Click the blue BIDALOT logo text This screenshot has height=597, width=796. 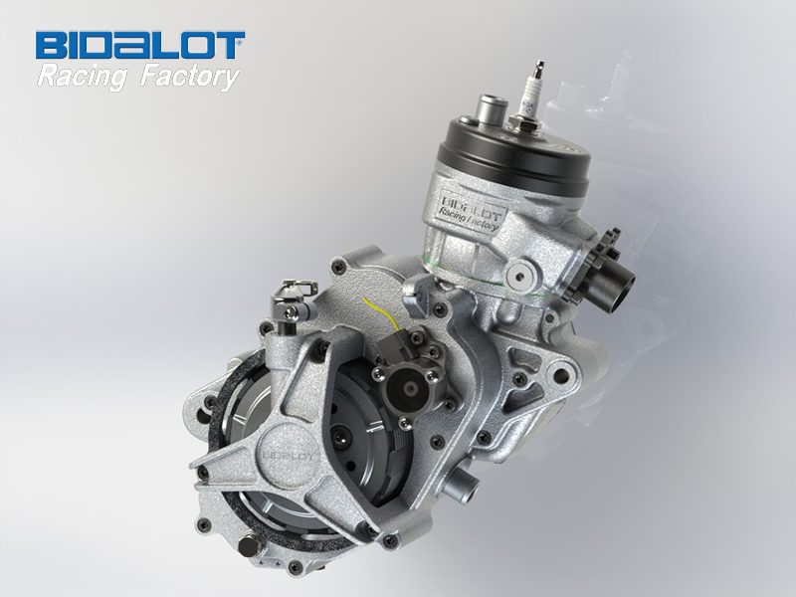click(140, 46)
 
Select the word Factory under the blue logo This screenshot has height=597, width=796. click(189, 77)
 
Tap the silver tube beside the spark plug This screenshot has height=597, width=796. click(492, 107)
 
